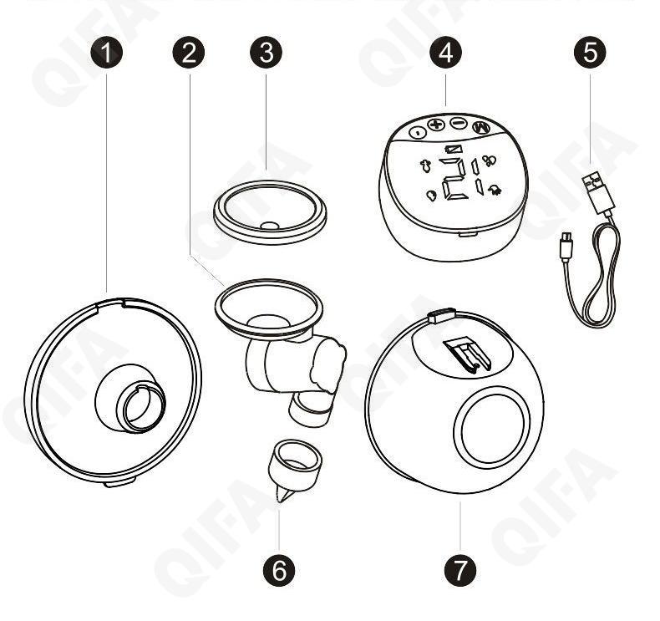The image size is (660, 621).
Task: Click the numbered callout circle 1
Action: pyautogui.click(x=107, y=53)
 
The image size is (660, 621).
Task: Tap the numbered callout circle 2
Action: pyautogui.click(x=189, y=53)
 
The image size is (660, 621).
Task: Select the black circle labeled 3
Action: pyautogui.click(x=267, y=53)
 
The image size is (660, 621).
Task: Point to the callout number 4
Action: pyautogui.click(x=446, y=53)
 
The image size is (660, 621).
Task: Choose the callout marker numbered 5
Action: pyautogui.click(x=590, y=53)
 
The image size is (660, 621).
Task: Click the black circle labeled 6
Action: pyautogui.click(x=279, y=571)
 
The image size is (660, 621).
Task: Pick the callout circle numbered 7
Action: pyautogui.click(x=460, y=571)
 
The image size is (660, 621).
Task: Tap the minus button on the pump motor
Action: pyautogui.click(x=459, y=124)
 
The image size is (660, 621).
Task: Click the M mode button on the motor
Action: pyautogui.click(x=481, y=128)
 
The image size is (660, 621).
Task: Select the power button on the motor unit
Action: pyautogui.click(x=418, y=133)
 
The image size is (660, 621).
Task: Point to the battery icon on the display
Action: pyautogui.click(x=454, y=149)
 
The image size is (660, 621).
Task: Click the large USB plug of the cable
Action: pyautogui.click(x=597, y=194)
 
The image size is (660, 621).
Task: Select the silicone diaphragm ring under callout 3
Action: pyautogui.click(x=270, y=211)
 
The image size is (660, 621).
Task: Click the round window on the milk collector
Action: pyautogui.click(x=492, y=429)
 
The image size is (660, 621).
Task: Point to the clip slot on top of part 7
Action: pyautogui.click(x=467, y=356)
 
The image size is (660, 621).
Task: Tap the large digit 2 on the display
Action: pyautogui.click(x=453, y=179)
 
